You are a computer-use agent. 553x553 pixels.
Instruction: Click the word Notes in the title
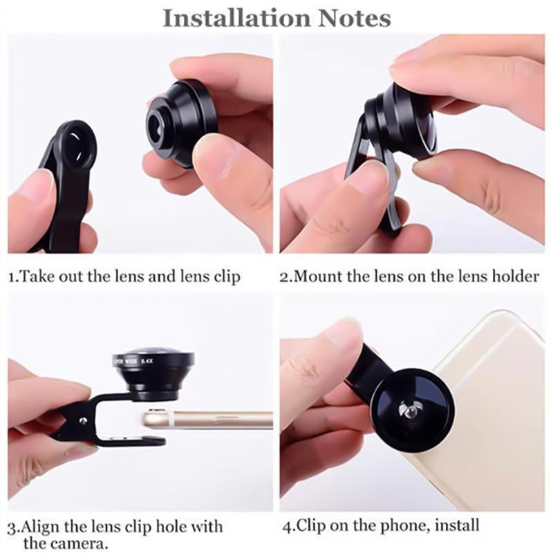355,19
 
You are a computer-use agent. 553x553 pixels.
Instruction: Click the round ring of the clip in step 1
78,145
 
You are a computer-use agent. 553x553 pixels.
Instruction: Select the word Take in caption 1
36,276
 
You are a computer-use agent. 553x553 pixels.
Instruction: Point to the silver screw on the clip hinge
83,420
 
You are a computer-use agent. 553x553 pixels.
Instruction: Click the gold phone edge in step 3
207,419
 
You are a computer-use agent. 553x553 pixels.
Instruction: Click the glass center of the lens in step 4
409,410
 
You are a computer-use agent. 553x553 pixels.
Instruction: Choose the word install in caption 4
457,525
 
